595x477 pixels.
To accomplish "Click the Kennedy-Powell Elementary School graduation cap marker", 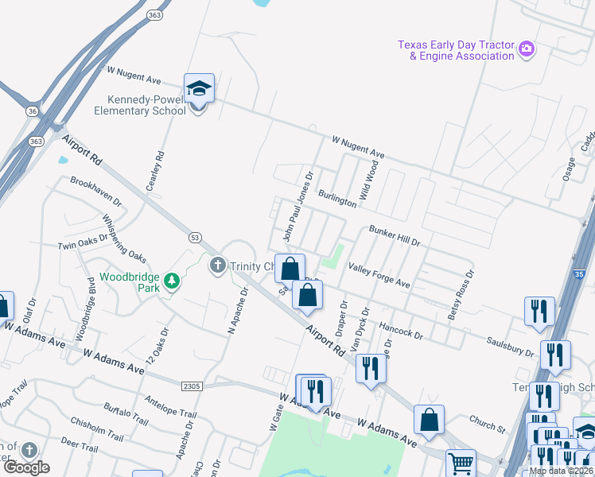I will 199,90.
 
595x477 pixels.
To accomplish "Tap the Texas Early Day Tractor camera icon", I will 526,50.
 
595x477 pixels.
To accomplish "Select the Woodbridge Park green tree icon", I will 170,280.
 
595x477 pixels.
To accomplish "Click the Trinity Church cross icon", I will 218,266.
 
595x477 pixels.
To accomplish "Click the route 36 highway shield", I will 32,112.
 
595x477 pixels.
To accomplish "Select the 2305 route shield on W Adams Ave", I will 192,386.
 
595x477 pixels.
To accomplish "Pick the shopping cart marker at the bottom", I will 461,463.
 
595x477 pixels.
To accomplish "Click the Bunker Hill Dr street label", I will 394,235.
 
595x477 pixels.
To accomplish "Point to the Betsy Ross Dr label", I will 461,294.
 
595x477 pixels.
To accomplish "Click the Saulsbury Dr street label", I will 511,346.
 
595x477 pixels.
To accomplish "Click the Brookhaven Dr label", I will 95,192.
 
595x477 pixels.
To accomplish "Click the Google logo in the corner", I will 26,467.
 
